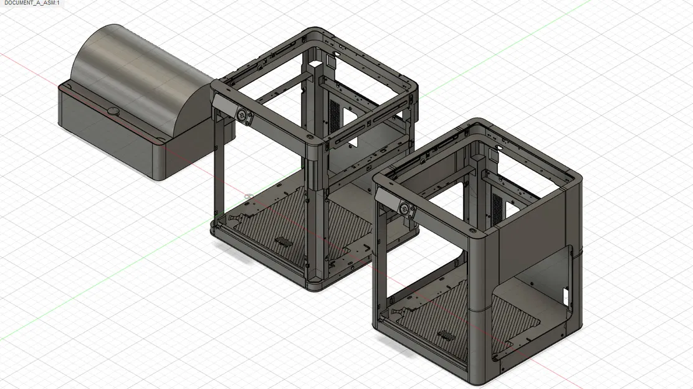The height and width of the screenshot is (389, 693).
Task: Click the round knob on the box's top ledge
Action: click(x=113, y=111)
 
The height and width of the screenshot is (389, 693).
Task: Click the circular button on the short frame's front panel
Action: click(x=406, y=209)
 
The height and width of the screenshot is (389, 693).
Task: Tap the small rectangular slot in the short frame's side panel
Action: click(x=566, y=292)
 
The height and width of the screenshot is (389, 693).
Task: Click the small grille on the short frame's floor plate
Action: click(x=446, y=336)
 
